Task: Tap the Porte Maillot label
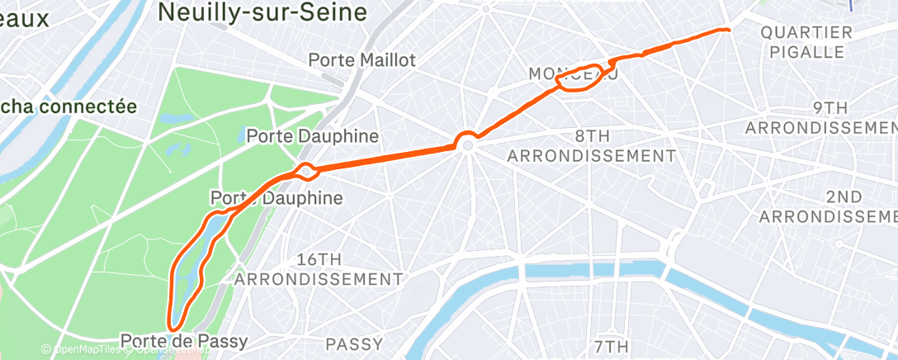tap(362, 60)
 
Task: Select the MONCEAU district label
tap(573, 74)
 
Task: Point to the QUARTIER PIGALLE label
tap(806, 42)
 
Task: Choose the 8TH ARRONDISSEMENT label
tap(592, 145)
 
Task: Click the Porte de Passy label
tap(183, 340)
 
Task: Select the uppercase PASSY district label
tap(354, 343)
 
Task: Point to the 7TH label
tap(611, 345)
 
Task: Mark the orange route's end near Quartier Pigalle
tap(727, 30)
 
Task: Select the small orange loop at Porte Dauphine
tap(307, 172)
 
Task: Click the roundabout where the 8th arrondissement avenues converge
tap(468, 144)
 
